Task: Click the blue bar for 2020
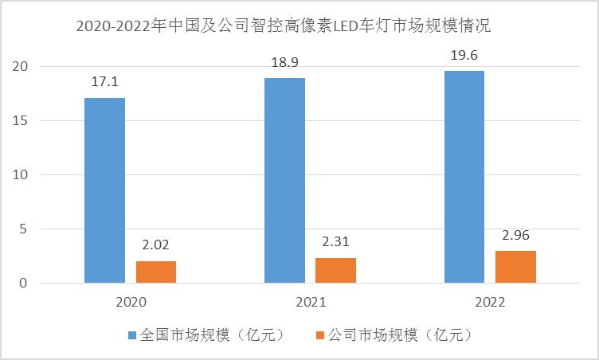(x=104, y=190)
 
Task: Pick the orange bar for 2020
(x=156, y=272)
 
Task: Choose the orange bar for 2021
(x=335, y=270)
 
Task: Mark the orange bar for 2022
(x=515, y=267)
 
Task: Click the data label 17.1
(x=104, y=82)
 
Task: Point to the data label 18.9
(x=284, y=63)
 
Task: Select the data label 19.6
(x=464, y=55)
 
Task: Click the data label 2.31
(x=335, y=241)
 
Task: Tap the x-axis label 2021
(x=310, y=303)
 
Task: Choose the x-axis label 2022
(x=489, y=303)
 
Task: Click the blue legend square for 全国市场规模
(x=132, y=335)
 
